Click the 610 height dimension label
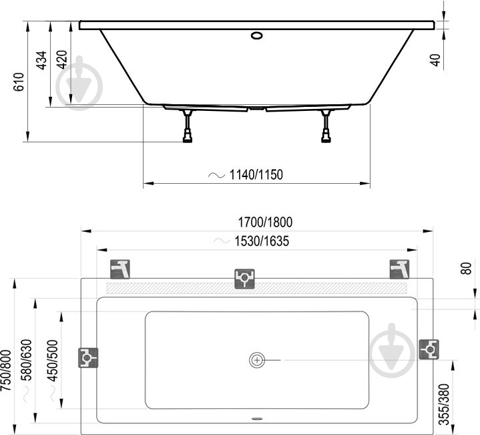coord(19,82)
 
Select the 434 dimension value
coord(41,60)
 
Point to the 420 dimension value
coord(62,60)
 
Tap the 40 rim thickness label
coord(435,59)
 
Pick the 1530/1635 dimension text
coord(262,241)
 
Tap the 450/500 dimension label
coord(51,361)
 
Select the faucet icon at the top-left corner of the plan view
coord(122,269)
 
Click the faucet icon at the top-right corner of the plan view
coord(399,269)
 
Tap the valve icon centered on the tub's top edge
coord(244,278)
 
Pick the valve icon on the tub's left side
coord(88,358)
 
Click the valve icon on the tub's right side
coord(428,349)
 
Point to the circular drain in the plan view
coord(257,360)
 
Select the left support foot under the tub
coord(188,127)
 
